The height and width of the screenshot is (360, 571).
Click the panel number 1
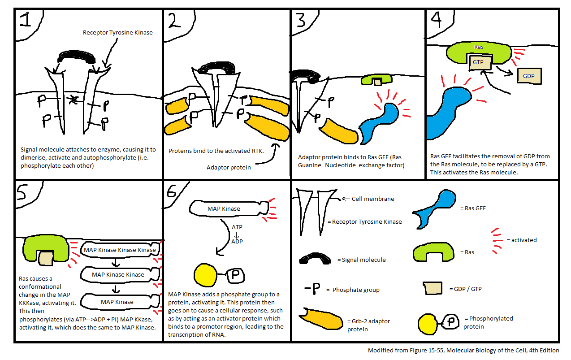pos(26,21)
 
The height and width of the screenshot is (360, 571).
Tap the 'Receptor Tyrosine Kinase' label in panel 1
pos(118,33)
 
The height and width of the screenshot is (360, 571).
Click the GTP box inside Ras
pos(478,63)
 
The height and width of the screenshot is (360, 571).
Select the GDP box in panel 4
pos(529,76)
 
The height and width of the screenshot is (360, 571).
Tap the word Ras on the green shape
pos(478,47)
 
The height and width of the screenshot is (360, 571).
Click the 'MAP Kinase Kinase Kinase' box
pos(119,250)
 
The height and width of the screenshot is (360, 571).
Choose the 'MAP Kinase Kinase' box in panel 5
pos(118,274)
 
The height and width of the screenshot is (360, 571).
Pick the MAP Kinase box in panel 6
pos(224,208)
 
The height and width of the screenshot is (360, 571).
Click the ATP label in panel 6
pos(237,227)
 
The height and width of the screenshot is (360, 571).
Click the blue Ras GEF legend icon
pos(432,208)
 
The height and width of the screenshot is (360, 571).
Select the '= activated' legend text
pos(521,240)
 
